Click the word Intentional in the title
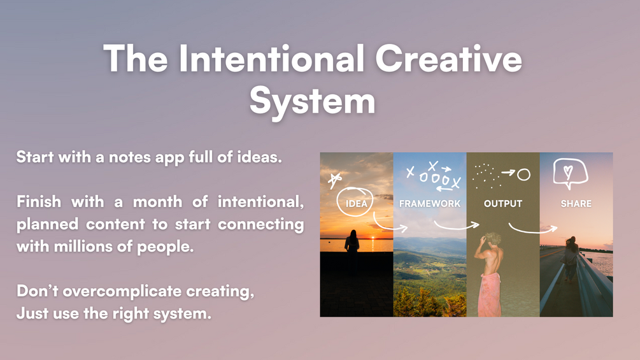tap(271, 59)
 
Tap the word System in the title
tap(312, 102)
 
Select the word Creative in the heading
tap(448, 59)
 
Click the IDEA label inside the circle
tap(357, 203)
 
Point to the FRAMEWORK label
tap(430, 203)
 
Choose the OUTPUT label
tap(503, 203)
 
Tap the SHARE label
tap(576, 203)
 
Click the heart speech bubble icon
tap(570, 173)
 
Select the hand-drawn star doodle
tap(335, 180)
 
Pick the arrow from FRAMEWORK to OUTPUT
tap(456, 226)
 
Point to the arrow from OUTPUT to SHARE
tap(532, 229)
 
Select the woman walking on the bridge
tap(570, 259)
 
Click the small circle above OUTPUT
tap(523, 175)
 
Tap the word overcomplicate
tap(122, 292)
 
